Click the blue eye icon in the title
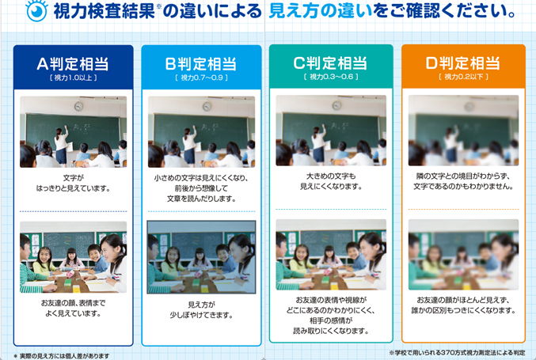[36, 12]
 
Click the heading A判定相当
[73, 64]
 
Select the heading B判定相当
[200, 64]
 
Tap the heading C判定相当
[330, 63]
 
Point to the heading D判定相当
[463, 63]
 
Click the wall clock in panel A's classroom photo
[79, 107]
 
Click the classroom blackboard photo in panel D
[463, 131]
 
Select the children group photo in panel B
[201, 257]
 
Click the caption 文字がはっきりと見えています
[73, 184]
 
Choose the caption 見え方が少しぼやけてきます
[201, 310]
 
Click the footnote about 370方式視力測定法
[457, 352]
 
